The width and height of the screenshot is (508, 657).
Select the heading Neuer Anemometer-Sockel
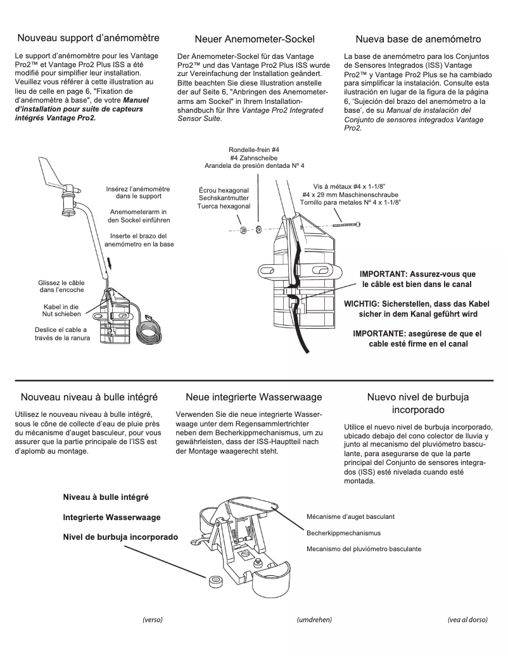pyautogui.click(x=255, y=40)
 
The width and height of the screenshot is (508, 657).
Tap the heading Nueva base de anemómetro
pyautogui.click(x=418, y=40)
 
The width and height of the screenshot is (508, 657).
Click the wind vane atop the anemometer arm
pyautogui.click(x=53, y=175)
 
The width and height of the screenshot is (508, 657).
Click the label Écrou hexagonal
pyautogui.click(x=224, y=189)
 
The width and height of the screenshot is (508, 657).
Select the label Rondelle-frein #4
pyautogui.click(x=254, y=150)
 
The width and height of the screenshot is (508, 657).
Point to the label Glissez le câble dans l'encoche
pyautogui.click(x=62, y=286)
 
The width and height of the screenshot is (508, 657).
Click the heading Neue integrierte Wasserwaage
pyautogui.click(x=254, y=397)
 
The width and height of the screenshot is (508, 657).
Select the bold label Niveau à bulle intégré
pyautogui.click(x=106, y=497)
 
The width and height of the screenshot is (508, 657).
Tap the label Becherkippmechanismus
pyautogui.click(x=343, y=533)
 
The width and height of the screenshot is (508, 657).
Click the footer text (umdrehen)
pyautogui.click(x=314, y=620)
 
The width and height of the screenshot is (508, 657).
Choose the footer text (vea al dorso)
pyautogui.click(x=467, y=620)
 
